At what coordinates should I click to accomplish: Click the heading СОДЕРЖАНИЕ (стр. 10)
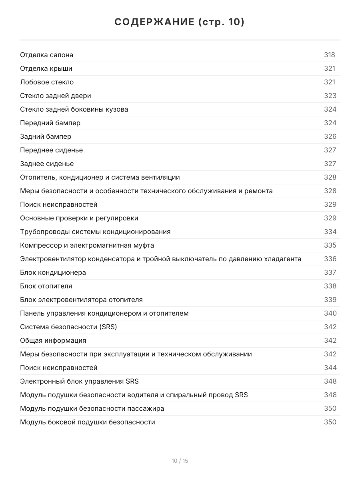[180, 22]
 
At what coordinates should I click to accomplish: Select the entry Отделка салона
[47, 55]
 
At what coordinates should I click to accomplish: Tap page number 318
[330, 55]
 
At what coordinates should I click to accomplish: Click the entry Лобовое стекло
[47, 82]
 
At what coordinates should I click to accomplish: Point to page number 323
[330, 96]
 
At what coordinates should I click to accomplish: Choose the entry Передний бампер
[50, 123]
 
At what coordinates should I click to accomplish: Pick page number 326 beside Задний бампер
[330, 136]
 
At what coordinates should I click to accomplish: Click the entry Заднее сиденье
[47, 164]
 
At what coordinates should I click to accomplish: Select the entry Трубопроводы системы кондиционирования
[95, 232]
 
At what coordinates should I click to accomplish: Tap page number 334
[330, 232]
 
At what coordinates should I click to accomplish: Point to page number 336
[330, 259]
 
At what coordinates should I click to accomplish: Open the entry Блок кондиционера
[53, 272]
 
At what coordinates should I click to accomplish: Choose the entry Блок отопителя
[46, 286]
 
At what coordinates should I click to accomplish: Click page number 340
[330, 313]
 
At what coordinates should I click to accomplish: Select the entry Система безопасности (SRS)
[68, 327]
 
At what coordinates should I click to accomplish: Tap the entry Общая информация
[53, 340]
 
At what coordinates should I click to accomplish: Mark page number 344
[330, 368]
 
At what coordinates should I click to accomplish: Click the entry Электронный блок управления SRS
[79, 381]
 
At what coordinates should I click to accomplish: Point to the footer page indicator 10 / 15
[180, 461]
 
